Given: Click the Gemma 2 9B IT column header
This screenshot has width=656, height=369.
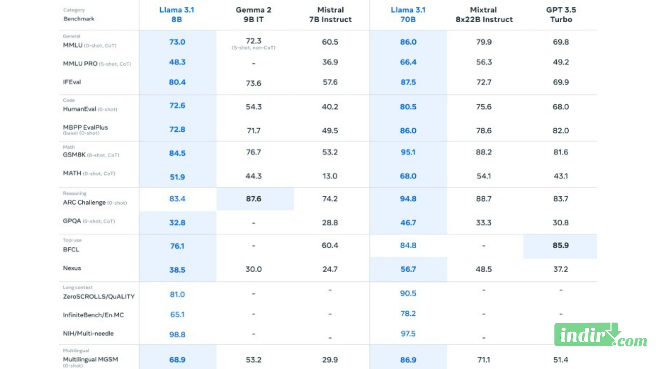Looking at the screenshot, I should [253, 14].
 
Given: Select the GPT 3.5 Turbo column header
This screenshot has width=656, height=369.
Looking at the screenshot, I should [561, 14].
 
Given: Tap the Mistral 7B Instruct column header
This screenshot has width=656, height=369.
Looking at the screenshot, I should [330, 14].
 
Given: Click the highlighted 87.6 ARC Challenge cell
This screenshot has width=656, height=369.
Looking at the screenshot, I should [254, 199].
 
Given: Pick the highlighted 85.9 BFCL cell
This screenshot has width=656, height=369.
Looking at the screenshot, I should [560, 246].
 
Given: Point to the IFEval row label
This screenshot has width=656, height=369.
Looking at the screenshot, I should [72, 82].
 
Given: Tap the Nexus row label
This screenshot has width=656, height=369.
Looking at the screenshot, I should [72, 268].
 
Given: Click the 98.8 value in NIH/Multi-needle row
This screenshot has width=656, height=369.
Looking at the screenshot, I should [177, 335].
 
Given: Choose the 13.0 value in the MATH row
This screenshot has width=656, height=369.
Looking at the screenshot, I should [330, 176].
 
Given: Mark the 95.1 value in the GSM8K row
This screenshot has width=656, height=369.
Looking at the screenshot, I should [408, 153].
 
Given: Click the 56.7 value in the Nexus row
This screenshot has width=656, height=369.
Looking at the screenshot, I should [408, 269].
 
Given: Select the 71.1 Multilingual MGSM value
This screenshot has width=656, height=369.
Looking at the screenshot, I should [484, 360].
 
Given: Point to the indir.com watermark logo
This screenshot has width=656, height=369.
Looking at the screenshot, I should [600, 335].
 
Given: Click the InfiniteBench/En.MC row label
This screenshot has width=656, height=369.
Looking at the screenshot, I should [93, 315].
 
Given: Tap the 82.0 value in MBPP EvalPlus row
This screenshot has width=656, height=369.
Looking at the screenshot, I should [560, 131].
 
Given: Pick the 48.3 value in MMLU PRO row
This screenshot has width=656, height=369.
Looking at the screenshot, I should [177, 62].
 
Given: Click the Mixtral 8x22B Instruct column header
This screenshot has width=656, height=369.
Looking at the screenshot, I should [484, 14].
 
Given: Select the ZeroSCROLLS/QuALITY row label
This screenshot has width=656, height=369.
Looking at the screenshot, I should [98, 296].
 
